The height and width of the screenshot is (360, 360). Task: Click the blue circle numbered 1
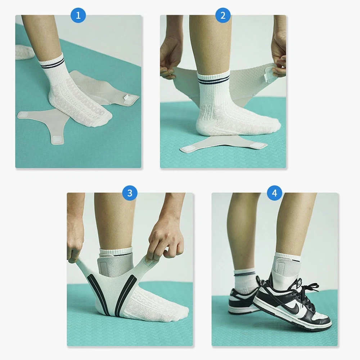[78, 15]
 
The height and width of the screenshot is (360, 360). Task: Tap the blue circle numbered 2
[223, 15]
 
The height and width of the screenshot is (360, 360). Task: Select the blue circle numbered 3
[130, 193]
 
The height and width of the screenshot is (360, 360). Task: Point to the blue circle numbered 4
[275, 193]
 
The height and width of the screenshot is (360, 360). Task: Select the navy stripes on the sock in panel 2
[214, 80]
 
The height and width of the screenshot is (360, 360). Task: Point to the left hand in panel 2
[170, 59]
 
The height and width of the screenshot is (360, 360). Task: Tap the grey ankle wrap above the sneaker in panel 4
[287, 268]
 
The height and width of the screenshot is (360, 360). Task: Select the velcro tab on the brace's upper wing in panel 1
[127, 98]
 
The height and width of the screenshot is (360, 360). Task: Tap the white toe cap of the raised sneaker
[322, 320]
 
